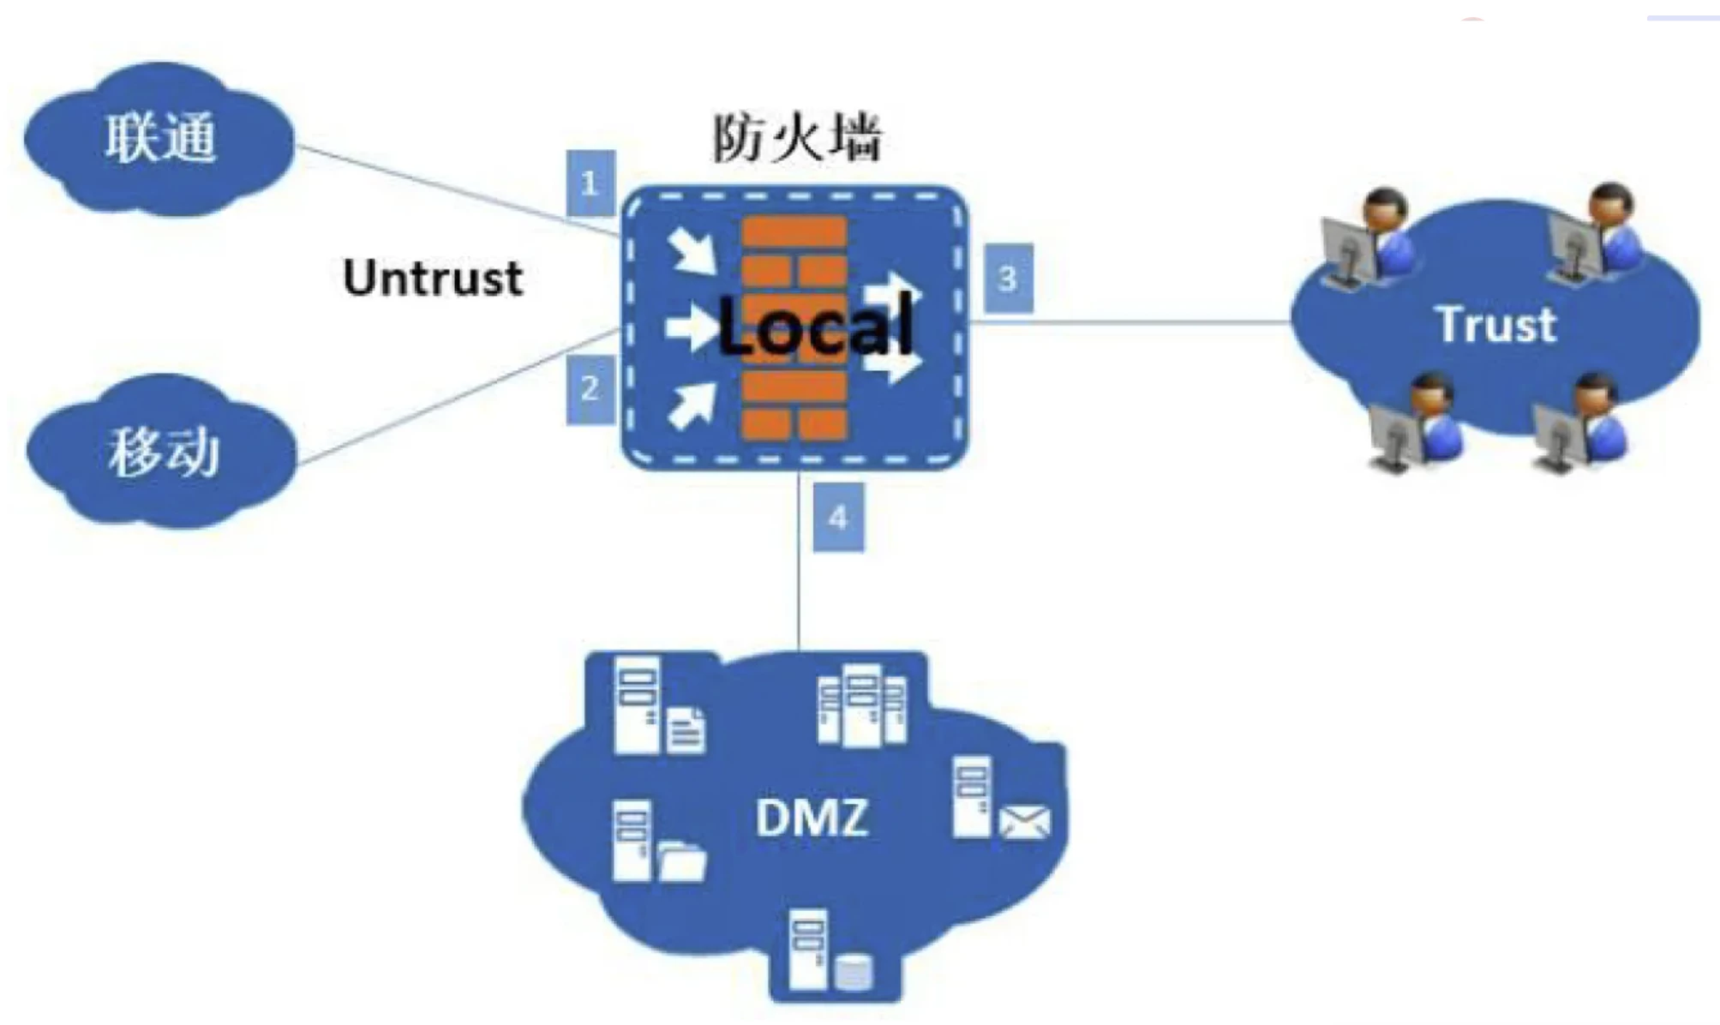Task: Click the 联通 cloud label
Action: [160, 138]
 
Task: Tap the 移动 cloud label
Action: [163, 452]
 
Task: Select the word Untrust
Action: [433, 279]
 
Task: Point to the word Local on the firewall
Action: [814, 327]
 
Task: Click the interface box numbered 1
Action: [590, 183]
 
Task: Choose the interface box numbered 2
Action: [590, 389]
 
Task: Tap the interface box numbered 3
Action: [1008, 279]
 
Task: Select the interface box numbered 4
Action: [837, 518]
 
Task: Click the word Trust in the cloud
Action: [1495, 325]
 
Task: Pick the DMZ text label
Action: [812, 817]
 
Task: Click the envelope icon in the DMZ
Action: [1024, 822]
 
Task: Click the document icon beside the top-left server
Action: [686, 729]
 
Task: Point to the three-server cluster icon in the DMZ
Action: [861, 704]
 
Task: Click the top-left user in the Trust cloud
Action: [1371, 240]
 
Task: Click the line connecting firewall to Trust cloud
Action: [1131, 322]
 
